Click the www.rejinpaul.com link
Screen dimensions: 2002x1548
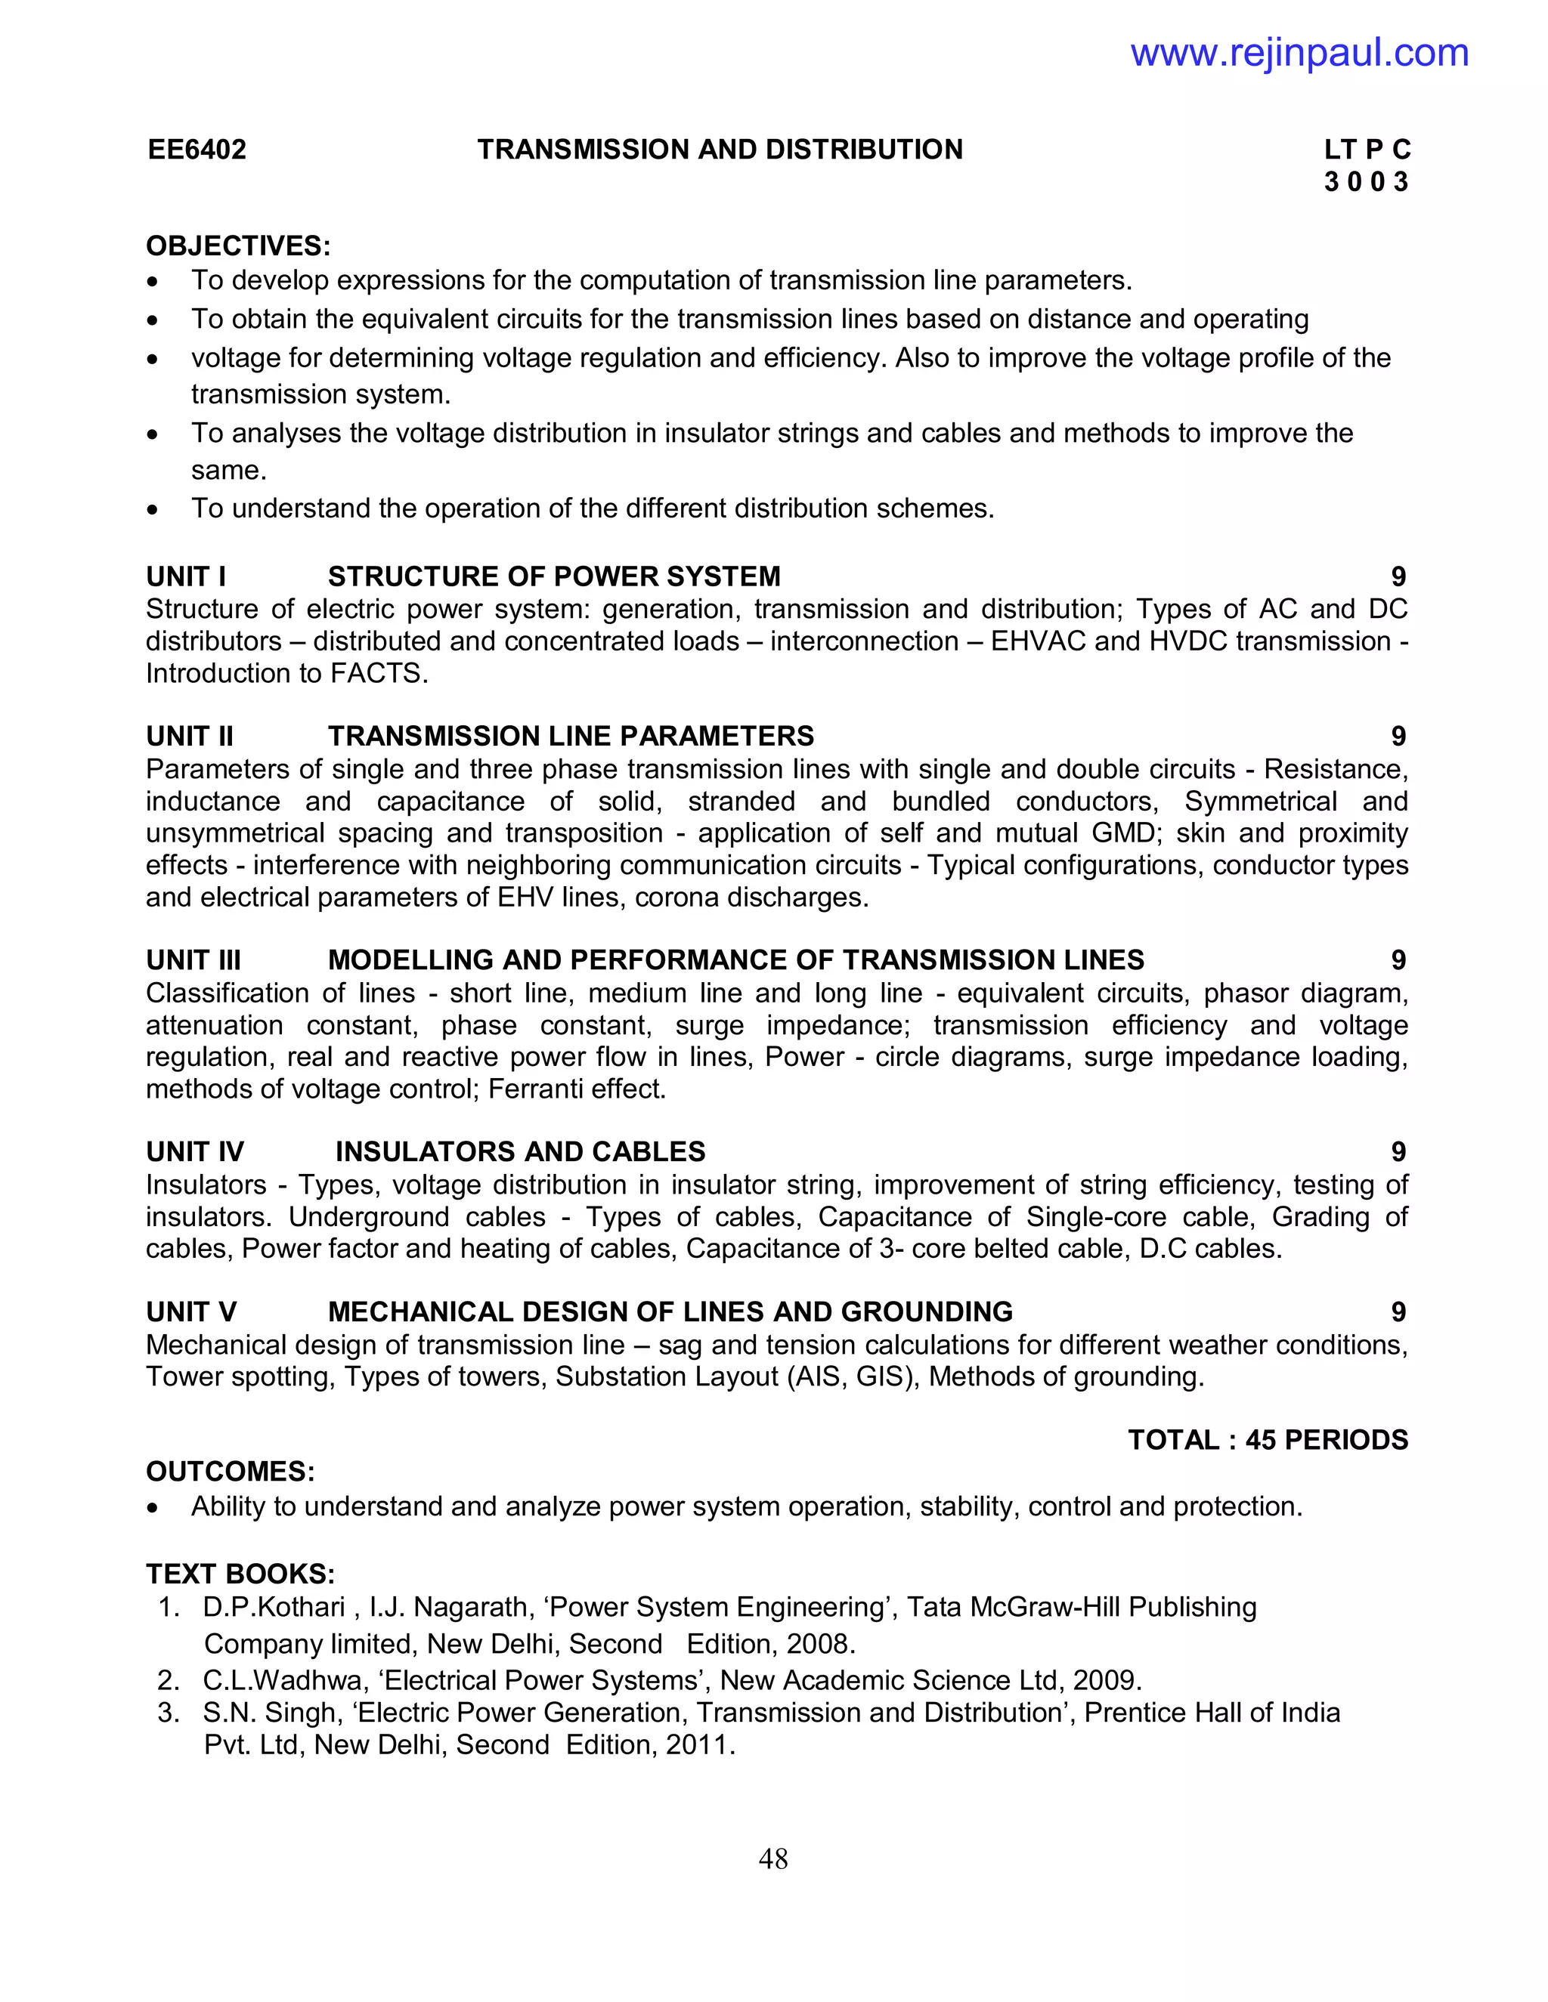point(1299,52)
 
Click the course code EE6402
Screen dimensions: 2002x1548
point(197,150)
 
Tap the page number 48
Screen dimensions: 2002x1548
point(773,1858)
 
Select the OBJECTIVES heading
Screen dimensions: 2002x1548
point(237,246)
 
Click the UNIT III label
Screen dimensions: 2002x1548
point(193,959)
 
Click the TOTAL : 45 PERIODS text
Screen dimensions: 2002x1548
point(1268,1440)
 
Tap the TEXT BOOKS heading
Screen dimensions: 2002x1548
point(240,1574)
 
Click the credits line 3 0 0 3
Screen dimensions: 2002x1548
point(1366,181)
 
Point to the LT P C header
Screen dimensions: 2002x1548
point(1367,150)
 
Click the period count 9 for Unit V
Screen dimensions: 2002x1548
point(1398,1311)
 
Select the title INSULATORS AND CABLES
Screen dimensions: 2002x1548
point(520,1151)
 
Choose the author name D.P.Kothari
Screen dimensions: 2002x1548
point(274,1607)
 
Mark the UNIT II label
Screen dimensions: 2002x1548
point(190,736)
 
